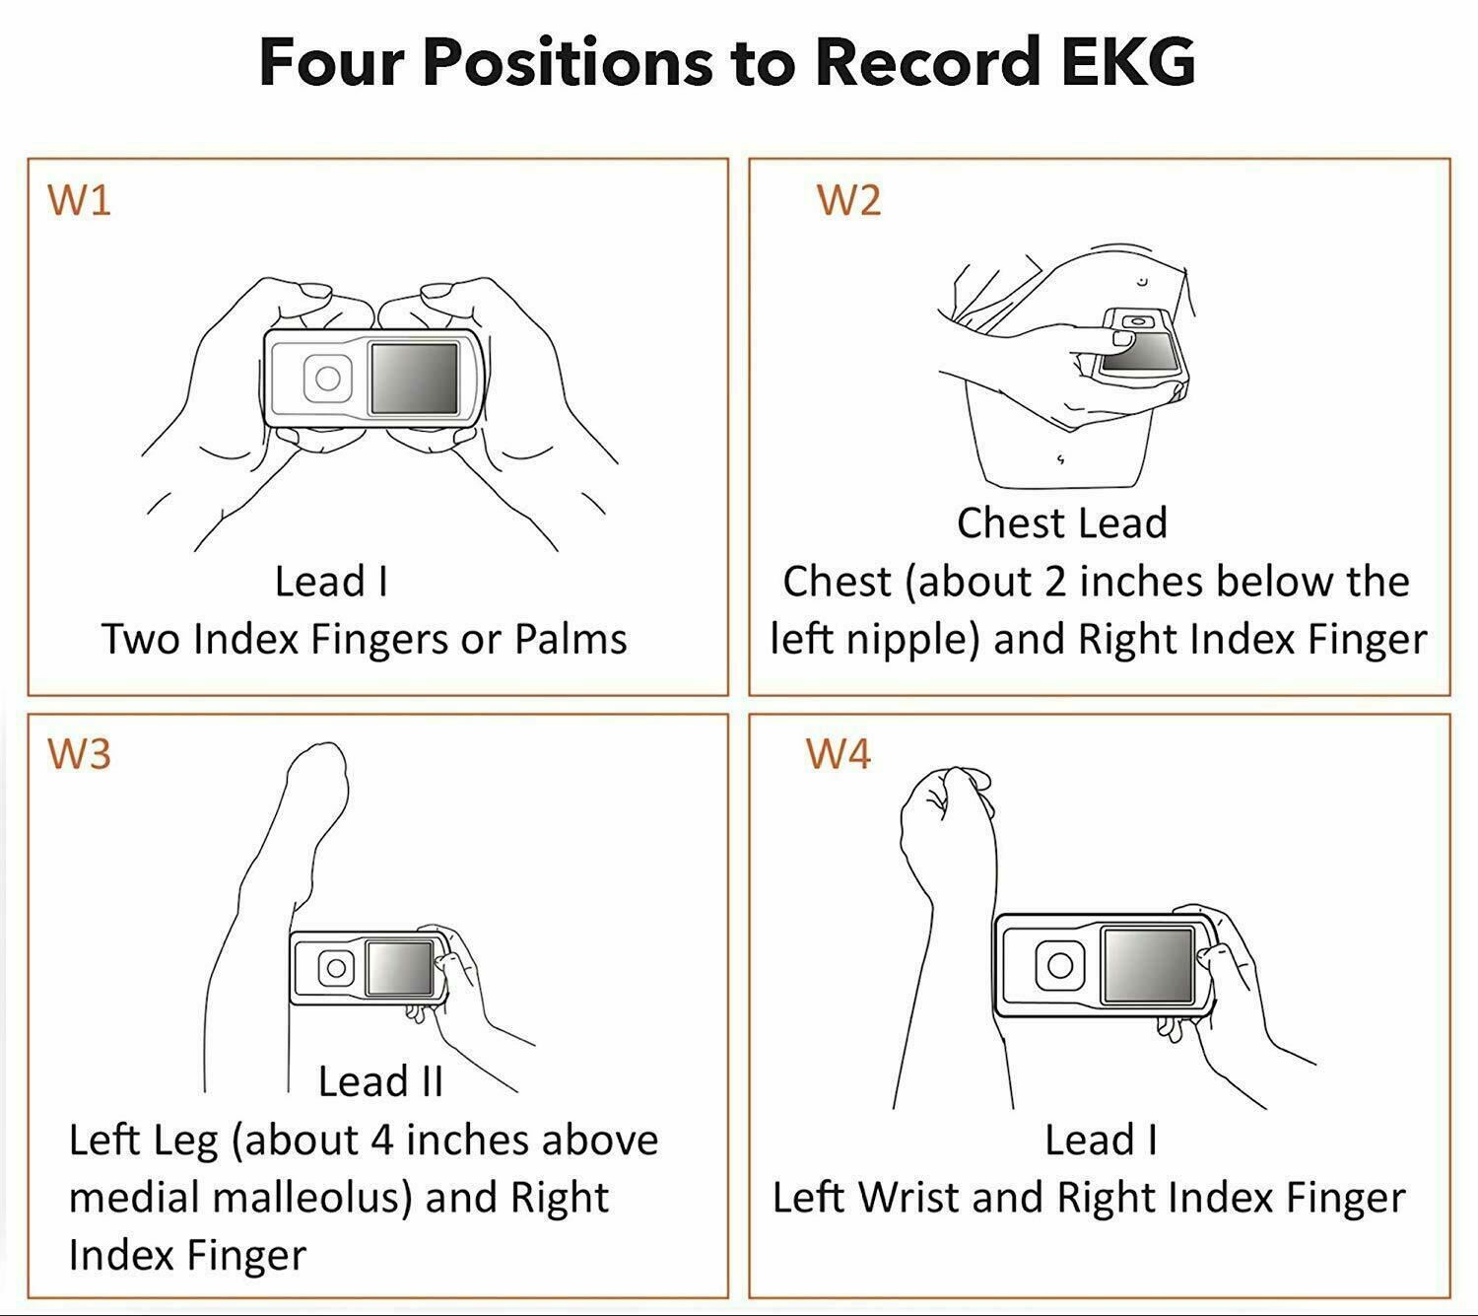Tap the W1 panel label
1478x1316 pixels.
tap(80, 200)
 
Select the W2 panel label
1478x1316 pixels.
tap(848, 200)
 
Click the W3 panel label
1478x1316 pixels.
tap(80, 754)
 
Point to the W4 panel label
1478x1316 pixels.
tap(839, 754)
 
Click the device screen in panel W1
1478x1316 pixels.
tap(414, 379)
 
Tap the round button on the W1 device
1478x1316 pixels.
tap(327, 379)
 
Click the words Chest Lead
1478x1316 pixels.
tap(1062, 522)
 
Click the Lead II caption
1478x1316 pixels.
tap(380, 1081)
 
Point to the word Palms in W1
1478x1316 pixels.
tap(571, 639)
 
